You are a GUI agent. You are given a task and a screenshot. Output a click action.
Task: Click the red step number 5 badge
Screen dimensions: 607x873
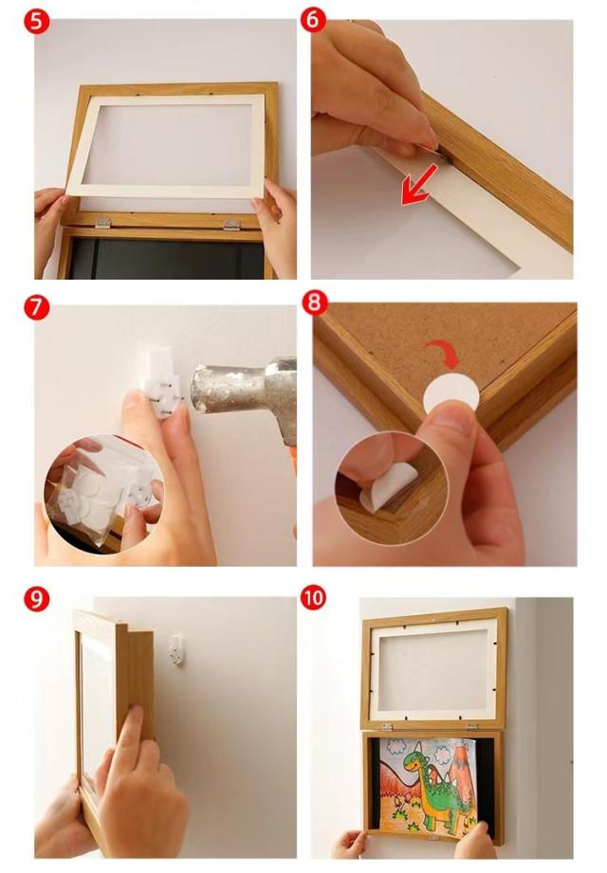[x=36, y=22]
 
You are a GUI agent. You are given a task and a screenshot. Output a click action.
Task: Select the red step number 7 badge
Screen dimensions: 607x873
[x=36, y=307]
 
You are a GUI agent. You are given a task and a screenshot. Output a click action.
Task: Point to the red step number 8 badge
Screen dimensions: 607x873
[x=315, y=303]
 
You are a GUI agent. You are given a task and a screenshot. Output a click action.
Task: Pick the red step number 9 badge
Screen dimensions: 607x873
[x=36, y=599]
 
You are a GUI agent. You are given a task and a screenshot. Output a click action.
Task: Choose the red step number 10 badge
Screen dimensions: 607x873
[x=313, y=597]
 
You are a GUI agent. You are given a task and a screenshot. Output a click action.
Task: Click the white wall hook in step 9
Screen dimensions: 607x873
[x=177, y=649]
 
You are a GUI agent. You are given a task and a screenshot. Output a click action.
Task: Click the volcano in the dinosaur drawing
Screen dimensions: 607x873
[x=458, y=767]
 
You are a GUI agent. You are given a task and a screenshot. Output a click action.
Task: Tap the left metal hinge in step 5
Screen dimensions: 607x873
[x=101, y=223]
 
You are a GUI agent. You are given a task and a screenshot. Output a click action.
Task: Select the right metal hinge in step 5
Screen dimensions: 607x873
[x=231, y=225]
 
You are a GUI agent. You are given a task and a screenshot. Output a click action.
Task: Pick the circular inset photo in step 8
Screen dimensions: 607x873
[x=392, y=489]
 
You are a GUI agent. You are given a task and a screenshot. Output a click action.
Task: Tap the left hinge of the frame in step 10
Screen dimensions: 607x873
[x=386, y=726]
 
